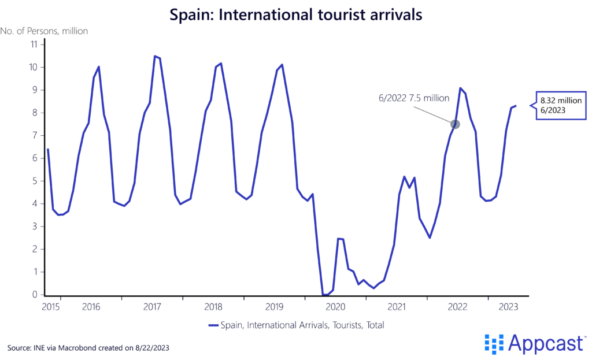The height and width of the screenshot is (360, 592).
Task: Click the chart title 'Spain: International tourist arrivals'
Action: point(295,14)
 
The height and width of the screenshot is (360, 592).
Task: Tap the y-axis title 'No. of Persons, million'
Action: point(44,31)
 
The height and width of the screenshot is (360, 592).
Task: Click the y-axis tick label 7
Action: point(34,135)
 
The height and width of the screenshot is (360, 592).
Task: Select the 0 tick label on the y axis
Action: point(34,295)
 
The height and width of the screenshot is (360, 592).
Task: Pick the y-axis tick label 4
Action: point(34,203)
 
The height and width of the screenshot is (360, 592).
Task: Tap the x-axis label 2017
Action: point(152,306)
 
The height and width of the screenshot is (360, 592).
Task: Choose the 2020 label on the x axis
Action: point(335,306)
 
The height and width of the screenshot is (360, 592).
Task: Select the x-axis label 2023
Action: point(508,306)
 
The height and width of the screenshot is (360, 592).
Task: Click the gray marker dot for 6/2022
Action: point(455,124)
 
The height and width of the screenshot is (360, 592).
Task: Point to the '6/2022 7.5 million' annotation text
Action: point(413,98)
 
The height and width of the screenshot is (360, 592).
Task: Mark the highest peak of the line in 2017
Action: point(154,56)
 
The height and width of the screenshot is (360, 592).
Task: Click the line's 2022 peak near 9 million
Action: point(460,88)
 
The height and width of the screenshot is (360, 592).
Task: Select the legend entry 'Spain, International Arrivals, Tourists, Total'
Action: point(296,325)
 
